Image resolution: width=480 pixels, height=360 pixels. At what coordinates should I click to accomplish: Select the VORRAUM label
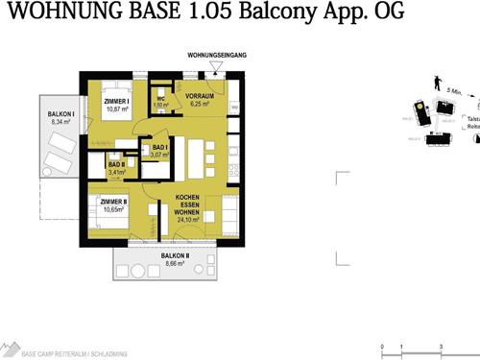(x=200, y=96)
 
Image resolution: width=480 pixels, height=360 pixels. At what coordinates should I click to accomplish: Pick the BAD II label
(x=116, y=165)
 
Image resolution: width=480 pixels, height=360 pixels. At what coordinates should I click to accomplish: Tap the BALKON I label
(x=61, y=114)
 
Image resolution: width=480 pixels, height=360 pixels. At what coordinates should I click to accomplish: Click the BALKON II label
(x=176, y=254)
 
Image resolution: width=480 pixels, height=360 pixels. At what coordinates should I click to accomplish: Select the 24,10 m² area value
(x=187, y=219)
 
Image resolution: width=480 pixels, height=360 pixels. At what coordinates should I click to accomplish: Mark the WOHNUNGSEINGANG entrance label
(x=219, y=56)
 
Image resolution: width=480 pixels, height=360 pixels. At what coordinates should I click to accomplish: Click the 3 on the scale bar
(x=440, y=346)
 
